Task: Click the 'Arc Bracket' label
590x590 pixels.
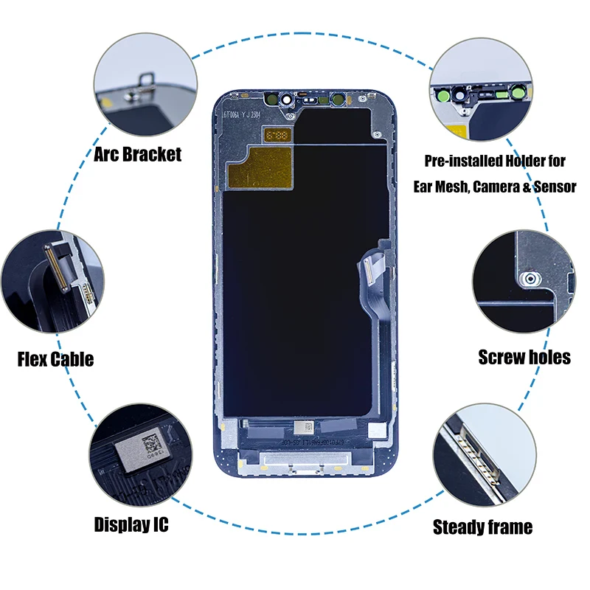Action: point(138,154)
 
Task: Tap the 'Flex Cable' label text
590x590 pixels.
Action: point(56,359)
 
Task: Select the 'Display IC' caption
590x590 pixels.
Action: point(131,524)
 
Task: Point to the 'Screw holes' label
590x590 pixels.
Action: point(524,357)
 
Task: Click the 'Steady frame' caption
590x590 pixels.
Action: point(482,527)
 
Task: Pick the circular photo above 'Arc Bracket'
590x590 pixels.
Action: point(145,90)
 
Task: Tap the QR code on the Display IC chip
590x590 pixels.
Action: point(150,444)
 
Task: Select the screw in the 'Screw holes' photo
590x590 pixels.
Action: point(528,279)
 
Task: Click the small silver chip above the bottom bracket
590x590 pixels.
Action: point(304,426)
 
